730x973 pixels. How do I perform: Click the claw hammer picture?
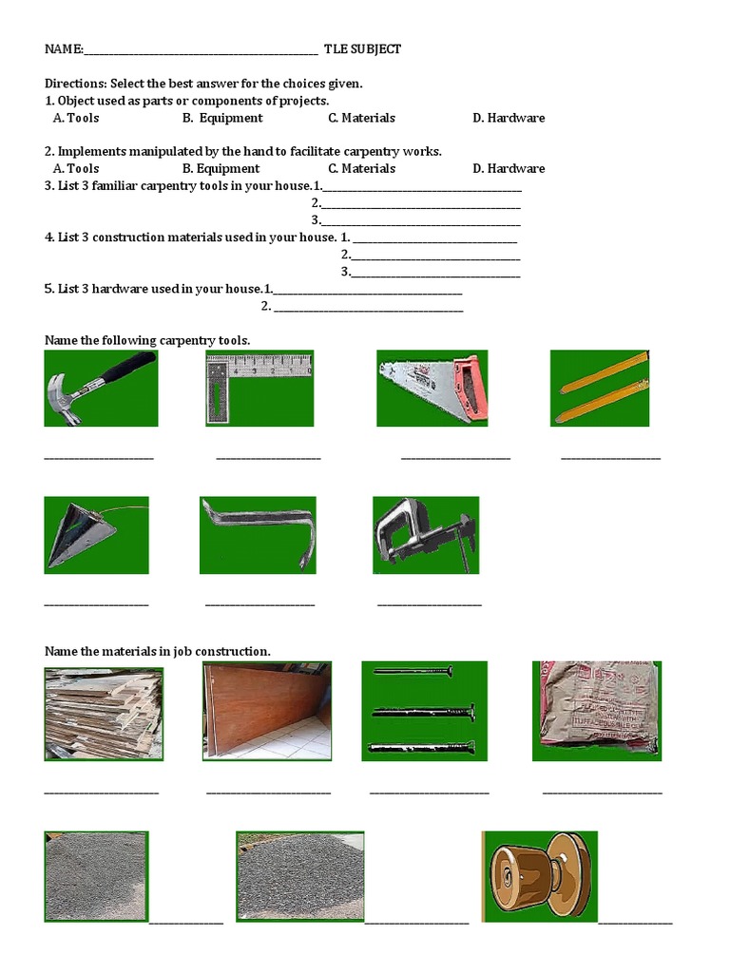[101, 388]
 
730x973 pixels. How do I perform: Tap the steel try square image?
[259, 388]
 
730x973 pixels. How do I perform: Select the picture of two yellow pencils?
[600, 388]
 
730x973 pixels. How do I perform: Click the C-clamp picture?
[426, 534]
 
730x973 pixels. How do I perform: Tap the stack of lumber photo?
[104, 714]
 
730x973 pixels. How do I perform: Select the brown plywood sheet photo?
[267, 711]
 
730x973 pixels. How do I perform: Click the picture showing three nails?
[424, 711]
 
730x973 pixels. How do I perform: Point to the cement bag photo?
[596, 710]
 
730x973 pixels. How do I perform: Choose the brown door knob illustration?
[540, 876]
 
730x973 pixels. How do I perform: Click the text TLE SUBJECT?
[362, 49]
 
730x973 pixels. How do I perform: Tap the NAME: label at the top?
[64, 49]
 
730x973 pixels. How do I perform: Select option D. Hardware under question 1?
[509, 118]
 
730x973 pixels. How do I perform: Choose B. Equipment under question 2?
[222, 168]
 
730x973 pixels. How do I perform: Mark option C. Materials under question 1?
[361, 118]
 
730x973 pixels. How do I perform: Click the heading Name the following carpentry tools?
[147, 340]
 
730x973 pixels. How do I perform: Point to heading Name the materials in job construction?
[158, 651]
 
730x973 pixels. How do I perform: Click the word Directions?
[76, 84]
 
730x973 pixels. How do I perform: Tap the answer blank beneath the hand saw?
[455, 459]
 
